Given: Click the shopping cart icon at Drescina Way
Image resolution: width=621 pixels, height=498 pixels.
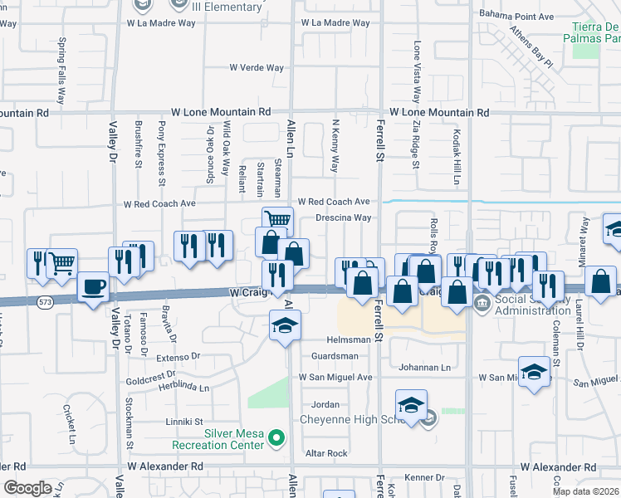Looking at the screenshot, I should pyautogui.click(x=278, y=220).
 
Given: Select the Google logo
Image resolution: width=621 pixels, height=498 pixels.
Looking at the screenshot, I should pyautogui.click(x=27, y=489).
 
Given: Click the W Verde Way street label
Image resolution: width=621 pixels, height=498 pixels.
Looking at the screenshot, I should pyautogui.click(x=257, y=68).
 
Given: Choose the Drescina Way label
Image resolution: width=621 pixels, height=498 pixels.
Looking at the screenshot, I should pyautogui.click(x=343, y=218).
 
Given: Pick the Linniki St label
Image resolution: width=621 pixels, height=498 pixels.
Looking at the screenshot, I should pyautogui.click(x=183, y=422).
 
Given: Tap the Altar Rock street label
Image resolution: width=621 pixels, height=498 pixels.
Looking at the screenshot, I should pyautogui.click(x=326, y=453).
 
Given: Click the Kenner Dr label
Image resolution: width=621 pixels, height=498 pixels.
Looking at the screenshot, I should pyautogui.click(x=426, y=477).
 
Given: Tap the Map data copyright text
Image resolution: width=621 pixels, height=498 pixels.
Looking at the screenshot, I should pyautogui.click(x=586, y=491).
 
